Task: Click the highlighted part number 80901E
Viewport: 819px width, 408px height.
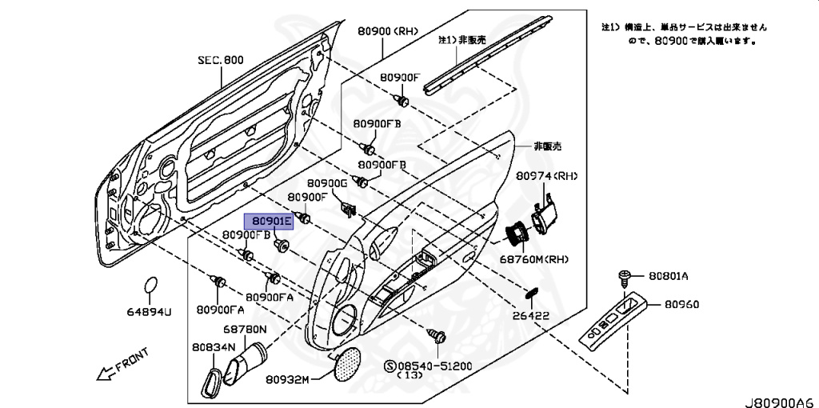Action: click(x=270, y=221)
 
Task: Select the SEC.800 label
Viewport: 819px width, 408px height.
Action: click(x=221, y=60)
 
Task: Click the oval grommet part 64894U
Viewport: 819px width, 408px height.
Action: click(x=150, y=286)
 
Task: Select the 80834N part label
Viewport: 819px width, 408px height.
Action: click(x=213, y=347)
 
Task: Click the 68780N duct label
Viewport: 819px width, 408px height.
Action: click(x=245, y=329)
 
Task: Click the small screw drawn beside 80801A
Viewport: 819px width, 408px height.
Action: click(x=625, y=278)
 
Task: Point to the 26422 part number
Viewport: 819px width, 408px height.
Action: click(x=530, y=315)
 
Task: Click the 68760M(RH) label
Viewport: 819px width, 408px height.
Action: click(x=534, y=260)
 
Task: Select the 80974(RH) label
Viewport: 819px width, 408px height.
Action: click(x=546, y=176)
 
